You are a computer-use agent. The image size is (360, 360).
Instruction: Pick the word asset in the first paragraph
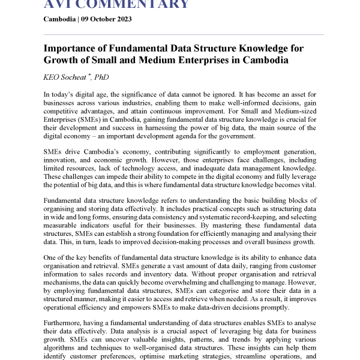point(300,95)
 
